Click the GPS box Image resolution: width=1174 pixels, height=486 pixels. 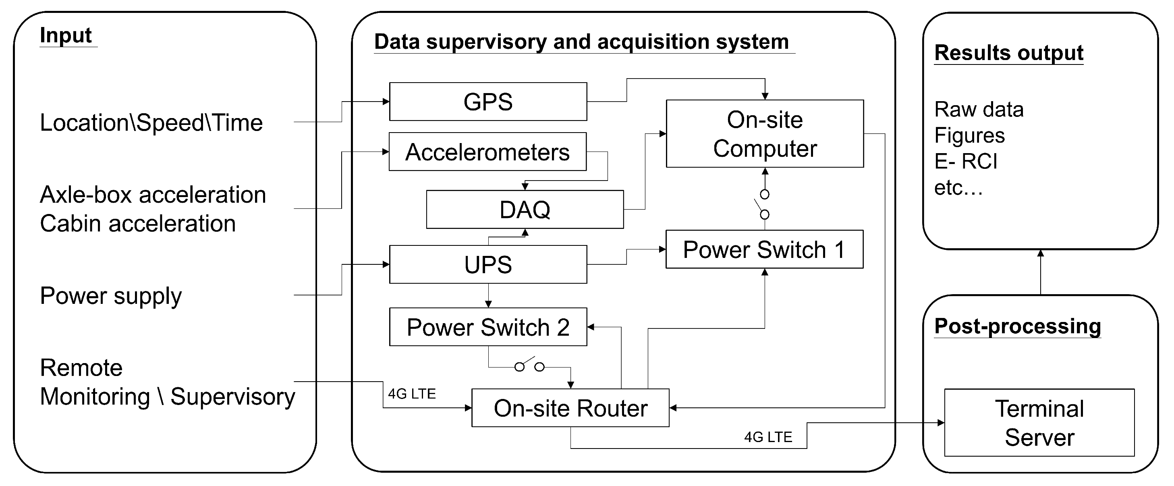[x=487, y=102]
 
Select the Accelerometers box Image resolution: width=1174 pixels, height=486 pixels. [x=487, y=152]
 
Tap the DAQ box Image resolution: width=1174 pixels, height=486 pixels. [x=525, y=210]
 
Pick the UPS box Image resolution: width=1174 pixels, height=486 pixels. [x=487, y=264]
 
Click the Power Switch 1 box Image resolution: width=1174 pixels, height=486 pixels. [x=764, y=249]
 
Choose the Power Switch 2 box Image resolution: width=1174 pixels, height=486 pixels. [x=487, y=327]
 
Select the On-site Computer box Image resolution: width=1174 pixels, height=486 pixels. [x=764, y=133]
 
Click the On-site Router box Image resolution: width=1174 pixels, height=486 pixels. [x=570, y=408]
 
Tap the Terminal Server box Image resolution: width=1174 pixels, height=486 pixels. [x=1039, y=423]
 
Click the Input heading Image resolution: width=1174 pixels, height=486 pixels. [x=66, y=35]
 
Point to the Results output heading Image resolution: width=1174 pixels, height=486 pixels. [x=1008, y=53]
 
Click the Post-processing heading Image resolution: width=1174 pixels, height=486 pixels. [x=1017, y=326]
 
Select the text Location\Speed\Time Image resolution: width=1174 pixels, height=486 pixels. [x=151, y=123]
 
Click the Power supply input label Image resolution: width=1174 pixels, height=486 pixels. [x=111, y=296]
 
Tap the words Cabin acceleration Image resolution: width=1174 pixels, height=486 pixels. [x=138, y=224]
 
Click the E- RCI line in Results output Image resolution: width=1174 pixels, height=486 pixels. [x=966, y=161]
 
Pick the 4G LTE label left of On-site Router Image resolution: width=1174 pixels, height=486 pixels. [x=411, y=393]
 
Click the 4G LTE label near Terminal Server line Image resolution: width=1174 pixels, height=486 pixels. [x=768, y=437]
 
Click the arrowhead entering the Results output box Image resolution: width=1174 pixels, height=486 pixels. [x=1041, y=253]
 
